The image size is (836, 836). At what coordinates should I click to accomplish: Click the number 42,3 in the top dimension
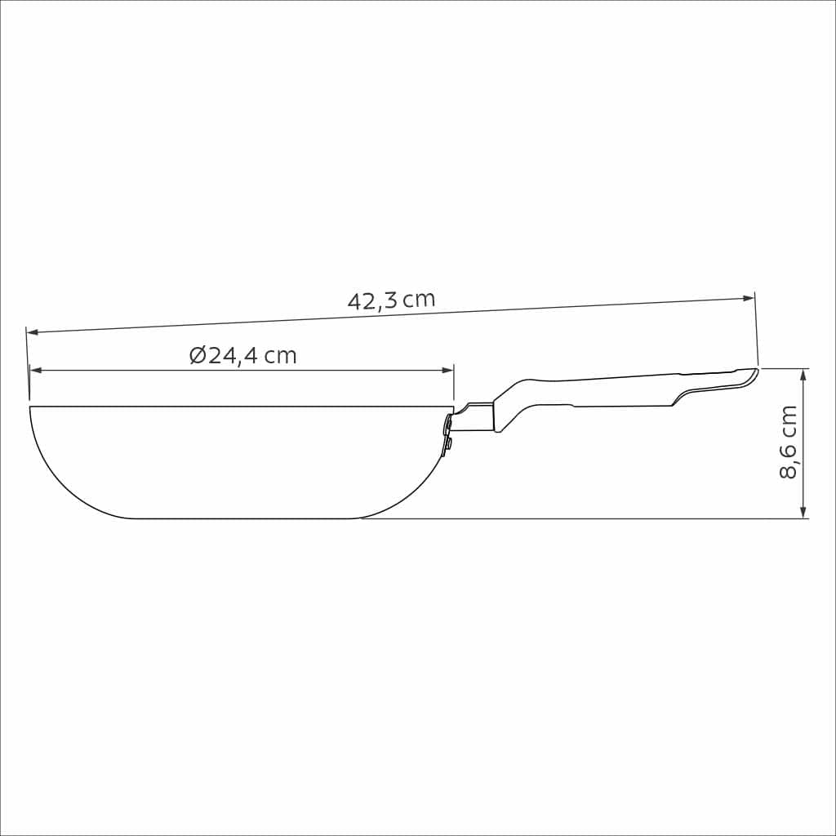pyautogui.click(x=372, y=301)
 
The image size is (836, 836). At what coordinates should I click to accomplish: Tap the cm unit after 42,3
pyautogui.click(x=419, y=300)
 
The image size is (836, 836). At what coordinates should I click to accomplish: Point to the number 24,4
pyautogui.click(x=233, y=356)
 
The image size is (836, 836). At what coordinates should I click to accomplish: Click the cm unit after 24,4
pyautogui.click(x=280, y=357)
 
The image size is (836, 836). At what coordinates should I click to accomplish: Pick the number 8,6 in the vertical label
pyautogui.click(x=789, y=465)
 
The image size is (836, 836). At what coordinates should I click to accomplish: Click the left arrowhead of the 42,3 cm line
pyautogui.click(x=32, y=332)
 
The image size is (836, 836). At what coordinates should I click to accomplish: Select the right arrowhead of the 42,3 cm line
pyautogui.click(x=749, y=298)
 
